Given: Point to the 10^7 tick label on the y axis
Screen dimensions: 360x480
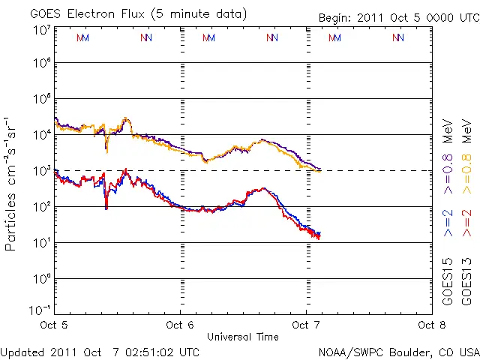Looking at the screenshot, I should pyautogui.click(x=41, y=29).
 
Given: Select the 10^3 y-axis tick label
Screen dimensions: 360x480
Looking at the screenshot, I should pyautogui.click(x=41, y=171).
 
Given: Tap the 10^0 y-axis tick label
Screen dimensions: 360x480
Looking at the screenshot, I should pyautogui.click(x=41, y=278).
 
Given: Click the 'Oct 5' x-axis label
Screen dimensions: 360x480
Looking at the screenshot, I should pyautogui.click(x=54, y=325).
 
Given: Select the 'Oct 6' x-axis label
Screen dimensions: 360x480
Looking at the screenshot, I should pyautogui.click(x=180, y=325).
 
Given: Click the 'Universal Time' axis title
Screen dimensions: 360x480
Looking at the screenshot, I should pyautogui.click(x=243, y=335).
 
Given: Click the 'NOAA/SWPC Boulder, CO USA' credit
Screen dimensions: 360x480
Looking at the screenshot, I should pyautogui.click(x=398, y=351).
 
